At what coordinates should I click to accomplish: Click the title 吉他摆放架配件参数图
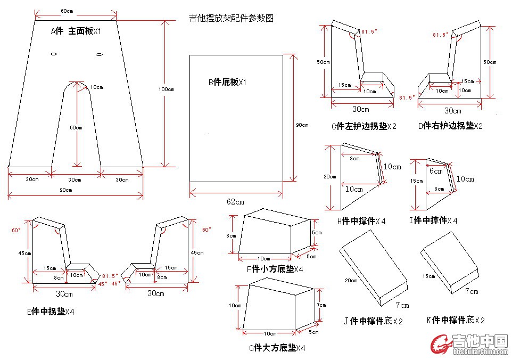tap(232, 18)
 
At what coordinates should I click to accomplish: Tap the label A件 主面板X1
tap(76, 32)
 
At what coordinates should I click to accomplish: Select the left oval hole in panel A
tap(54, 54)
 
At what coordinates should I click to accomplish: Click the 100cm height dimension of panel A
tap(168, 89)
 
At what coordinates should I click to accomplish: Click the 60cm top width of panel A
tap(67, 11)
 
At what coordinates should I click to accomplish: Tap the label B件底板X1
tap(227, 82)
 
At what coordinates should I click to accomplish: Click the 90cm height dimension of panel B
tap(302, 125)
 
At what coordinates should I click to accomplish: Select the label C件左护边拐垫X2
tap(363, 126)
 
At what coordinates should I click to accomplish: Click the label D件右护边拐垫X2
tap(451, 126)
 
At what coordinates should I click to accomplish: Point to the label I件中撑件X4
tap(434, 220)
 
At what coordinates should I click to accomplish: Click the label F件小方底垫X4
tap(275, 269)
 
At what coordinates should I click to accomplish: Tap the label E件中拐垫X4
tap(51, 312)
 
